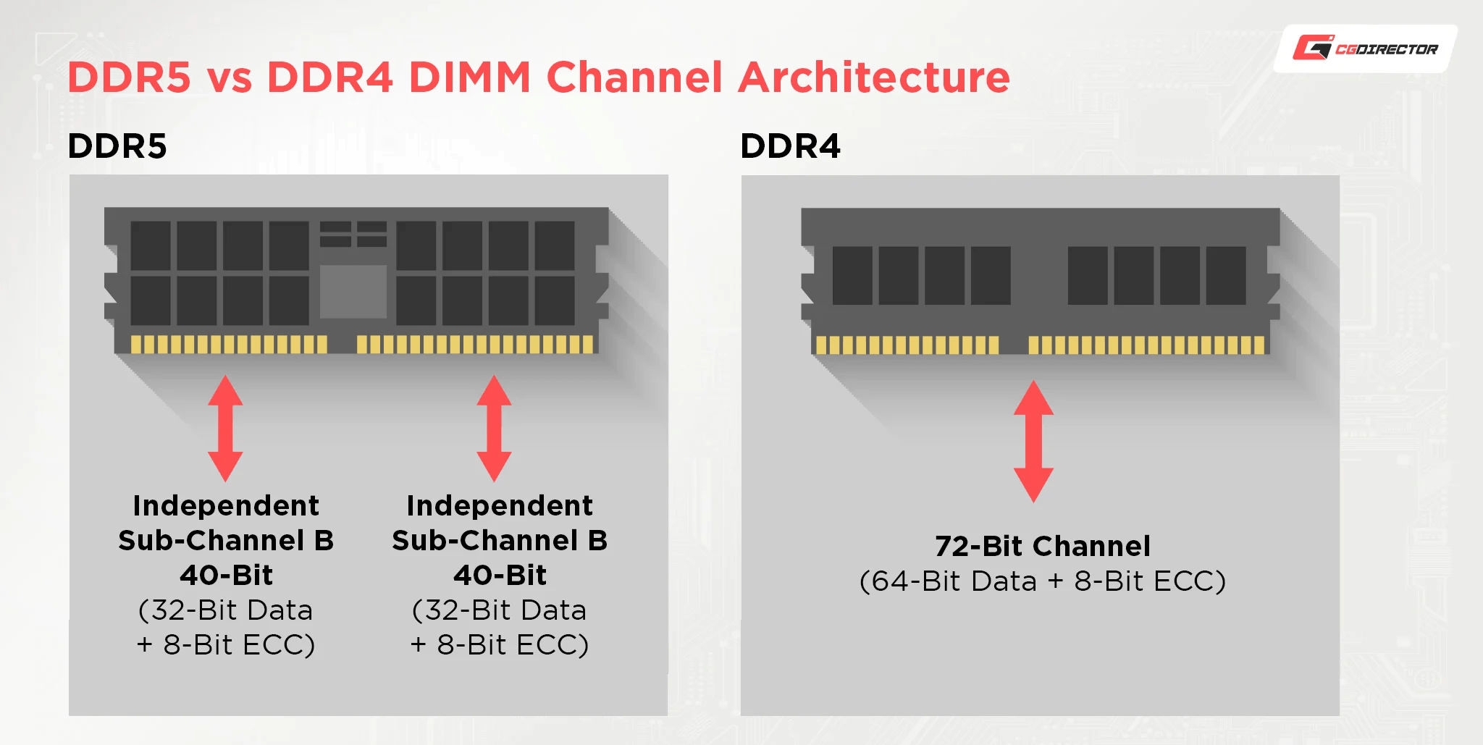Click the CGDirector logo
tap(1365, 49)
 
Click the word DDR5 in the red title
tap(130, 77)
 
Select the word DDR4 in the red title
tap(329, 77)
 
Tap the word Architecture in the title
tap(874, 77)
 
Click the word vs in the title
tap(230, 78)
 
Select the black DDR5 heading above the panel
tap(117, 146)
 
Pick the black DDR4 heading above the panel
tap(790, 146)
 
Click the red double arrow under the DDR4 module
tap(1033, 441)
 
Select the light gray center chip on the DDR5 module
tap(353, 291)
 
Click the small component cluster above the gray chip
tap(353, 234)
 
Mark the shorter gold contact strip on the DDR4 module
tap(907, 345)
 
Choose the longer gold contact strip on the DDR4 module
tap(1146, 345)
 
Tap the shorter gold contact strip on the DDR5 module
tap(228, 344)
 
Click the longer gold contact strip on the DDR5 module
tap(475, 344)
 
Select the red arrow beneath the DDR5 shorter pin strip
tap(225, 428)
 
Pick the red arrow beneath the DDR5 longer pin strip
tap(495, 428)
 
